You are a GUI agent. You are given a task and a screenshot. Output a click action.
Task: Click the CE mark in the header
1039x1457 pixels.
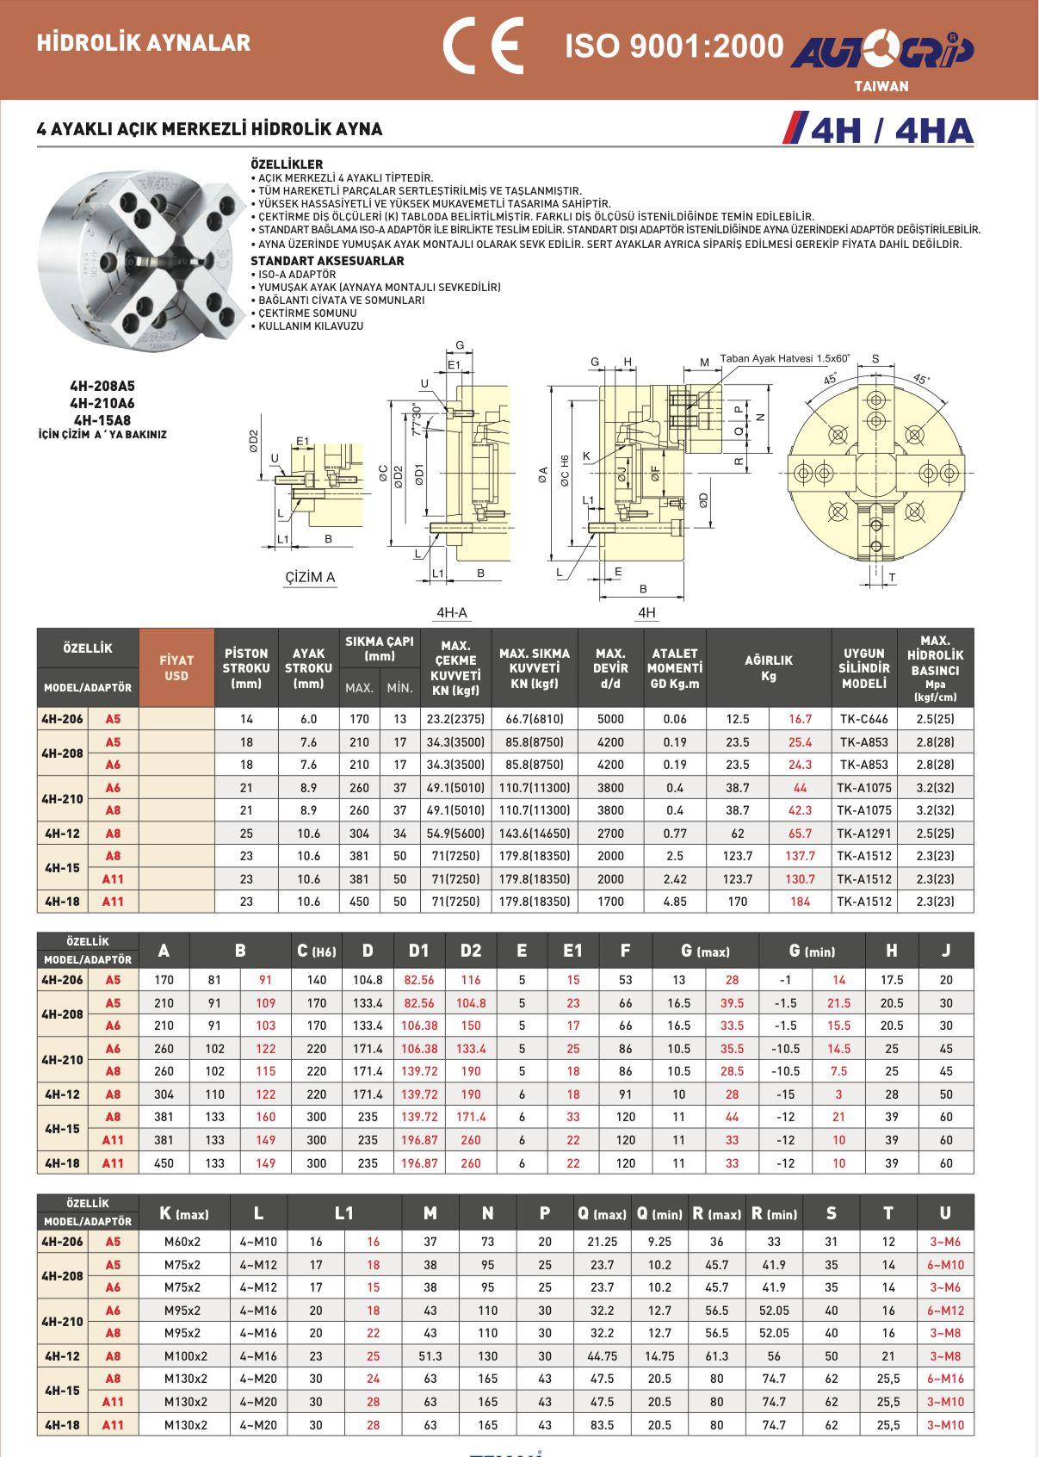click(x=482, y=45)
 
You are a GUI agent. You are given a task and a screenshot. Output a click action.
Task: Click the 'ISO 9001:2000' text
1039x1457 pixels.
click(x=674, y=46)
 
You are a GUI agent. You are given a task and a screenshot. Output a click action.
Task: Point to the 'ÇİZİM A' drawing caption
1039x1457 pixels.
click(x=310, y=577)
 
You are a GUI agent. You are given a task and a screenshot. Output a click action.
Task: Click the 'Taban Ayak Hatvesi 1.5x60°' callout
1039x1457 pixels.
click(x=784, y=358)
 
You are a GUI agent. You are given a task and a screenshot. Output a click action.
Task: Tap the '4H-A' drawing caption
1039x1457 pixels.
click(x=451, y=612)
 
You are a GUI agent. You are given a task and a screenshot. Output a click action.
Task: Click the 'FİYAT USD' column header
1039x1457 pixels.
click(x=176, y=667)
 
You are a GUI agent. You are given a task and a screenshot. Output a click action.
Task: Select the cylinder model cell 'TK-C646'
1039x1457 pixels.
click(x=863, y=719)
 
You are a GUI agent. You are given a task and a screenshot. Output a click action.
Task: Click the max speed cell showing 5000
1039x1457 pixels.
click(x=610, y=719)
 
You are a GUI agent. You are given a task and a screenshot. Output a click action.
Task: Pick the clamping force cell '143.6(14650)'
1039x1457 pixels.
click(x=535, y=834)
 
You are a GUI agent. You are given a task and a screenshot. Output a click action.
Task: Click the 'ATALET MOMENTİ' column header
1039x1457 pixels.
click(x=674, y=667)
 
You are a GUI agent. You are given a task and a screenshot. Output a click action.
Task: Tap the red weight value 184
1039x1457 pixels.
click(x=800, y=902)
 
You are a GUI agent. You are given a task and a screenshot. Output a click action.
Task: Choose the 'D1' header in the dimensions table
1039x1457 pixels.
click(x=418, y=951)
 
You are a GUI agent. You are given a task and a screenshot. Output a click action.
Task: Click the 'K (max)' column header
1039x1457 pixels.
click(x=184, y=1213)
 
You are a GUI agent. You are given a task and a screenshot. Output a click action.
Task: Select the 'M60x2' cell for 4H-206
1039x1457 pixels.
click(x=182, y=1242)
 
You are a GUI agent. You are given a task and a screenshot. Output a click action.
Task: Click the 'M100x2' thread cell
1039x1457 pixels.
click(x=185, y=1356)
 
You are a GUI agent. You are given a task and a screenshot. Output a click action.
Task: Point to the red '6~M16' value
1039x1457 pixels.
click(x=945, y=1379)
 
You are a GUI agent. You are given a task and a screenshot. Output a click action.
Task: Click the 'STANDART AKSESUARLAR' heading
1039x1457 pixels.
click(x=326, y=261)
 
